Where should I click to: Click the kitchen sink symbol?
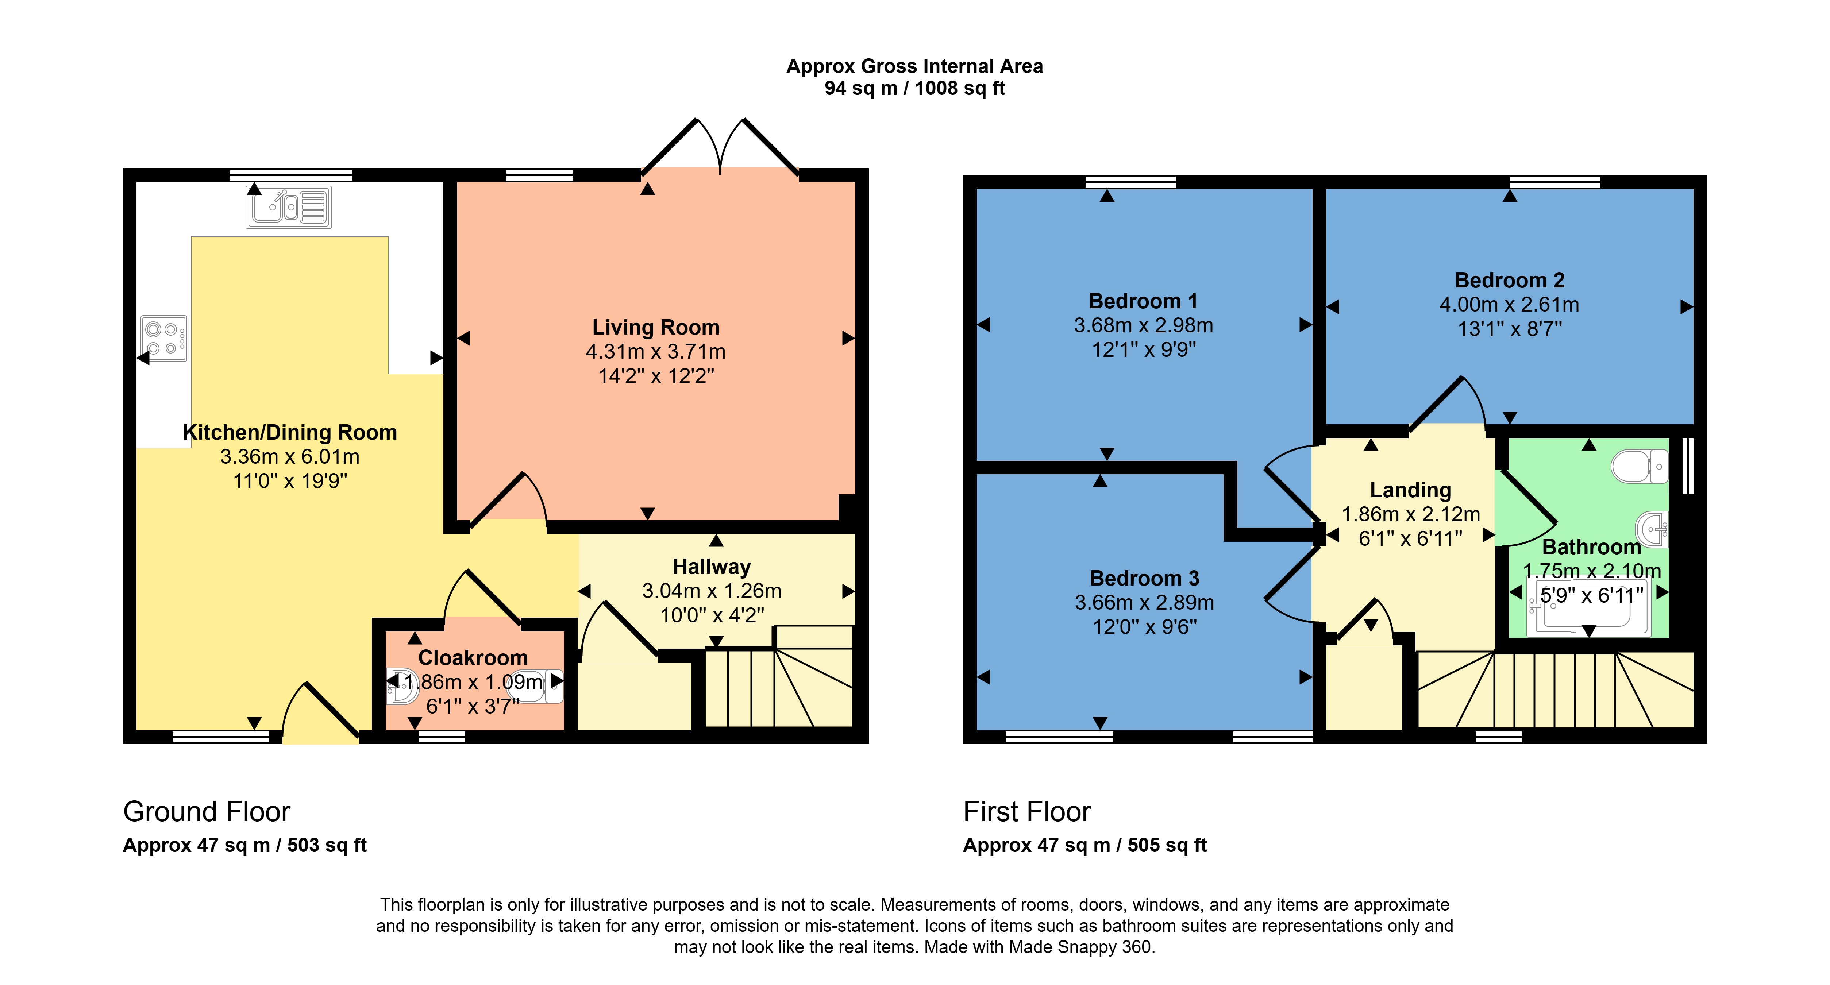point(288,206)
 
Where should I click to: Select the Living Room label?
point(656,327)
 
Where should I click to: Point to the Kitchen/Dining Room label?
point(290,433)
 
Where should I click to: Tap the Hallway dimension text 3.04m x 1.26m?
point(712,591)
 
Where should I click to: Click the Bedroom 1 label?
point(1143,301)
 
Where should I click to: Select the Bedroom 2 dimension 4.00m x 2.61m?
point(1510,305)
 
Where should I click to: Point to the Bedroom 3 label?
point(1144,578)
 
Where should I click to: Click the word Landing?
point(1410,490)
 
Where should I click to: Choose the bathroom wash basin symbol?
point(1652,529)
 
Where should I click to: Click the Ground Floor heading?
point(207,812)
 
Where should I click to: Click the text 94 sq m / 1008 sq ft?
point(915,89)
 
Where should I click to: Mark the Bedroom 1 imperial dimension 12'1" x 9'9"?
point(1144,349)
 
